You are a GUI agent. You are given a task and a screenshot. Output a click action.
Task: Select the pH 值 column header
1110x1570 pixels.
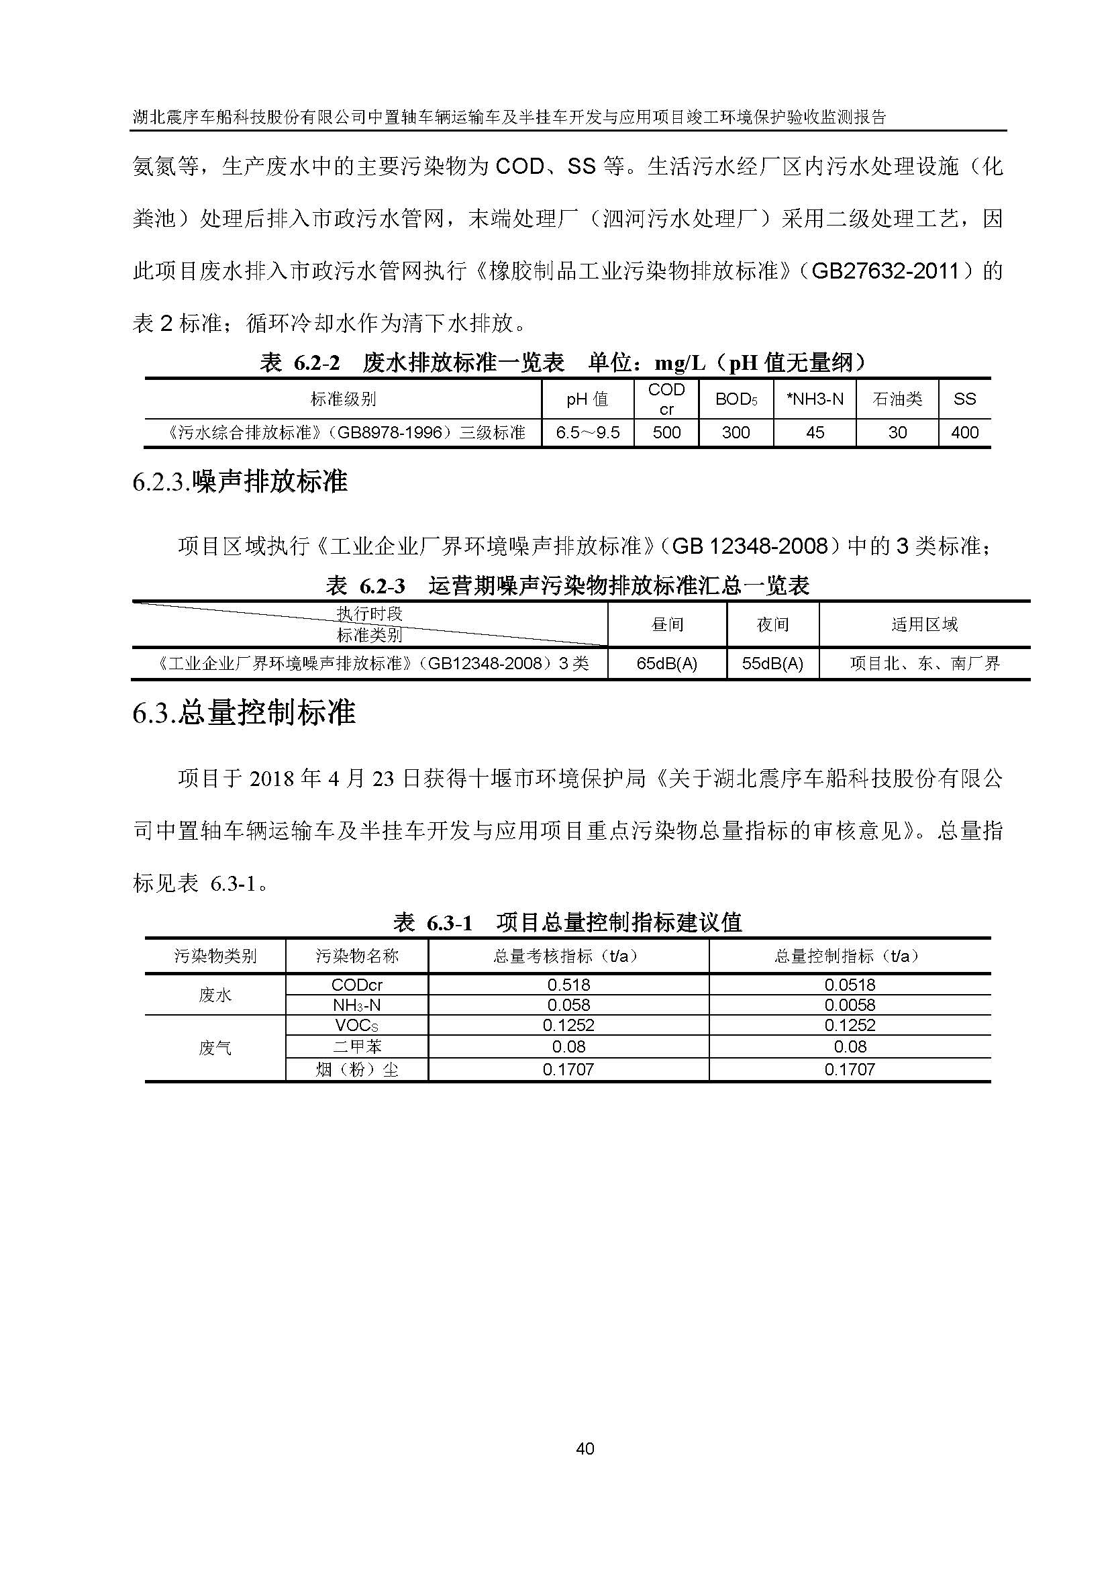pos(587,399)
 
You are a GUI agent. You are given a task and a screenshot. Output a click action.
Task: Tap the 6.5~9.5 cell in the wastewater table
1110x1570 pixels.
pos(587,433)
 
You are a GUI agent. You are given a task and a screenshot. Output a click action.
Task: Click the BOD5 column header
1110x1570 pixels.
pos(736,399)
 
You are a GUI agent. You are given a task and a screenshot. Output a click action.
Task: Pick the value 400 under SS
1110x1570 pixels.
pos(964,433)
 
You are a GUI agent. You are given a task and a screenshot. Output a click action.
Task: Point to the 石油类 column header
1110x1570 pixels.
pos(897,399)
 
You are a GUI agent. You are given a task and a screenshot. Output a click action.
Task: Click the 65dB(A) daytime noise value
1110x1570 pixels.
pos(666,663)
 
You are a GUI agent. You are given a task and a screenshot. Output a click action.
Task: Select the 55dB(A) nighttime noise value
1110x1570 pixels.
pos(772,663)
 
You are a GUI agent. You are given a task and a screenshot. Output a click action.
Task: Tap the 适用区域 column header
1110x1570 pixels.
pos(924,624)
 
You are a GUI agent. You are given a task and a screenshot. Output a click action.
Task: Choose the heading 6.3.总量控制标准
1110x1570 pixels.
pos(244,714)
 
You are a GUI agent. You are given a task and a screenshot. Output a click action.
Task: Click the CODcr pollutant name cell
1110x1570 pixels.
pos(357,985)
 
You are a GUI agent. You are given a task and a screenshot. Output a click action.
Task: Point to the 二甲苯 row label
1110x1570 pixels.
pos(357,1046)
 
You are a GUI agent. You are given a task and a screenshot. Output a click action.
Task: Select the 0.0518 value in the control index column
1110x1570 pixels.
pos(850,985)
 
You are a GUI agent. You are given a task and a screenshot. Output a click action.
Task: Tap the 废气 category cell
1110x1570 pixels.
pos(215,1048)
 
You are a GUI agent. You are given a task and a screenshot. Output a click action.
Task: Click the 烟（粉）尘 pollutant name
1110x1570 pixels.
pos(357,1069)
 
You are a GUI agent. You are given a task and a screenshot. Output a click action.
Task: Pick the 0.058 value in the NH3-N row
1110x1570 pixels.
pos(568,1005)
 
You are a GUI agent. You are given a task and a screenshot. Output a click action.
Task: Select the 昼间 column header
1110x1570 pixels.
pos(666,624)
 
